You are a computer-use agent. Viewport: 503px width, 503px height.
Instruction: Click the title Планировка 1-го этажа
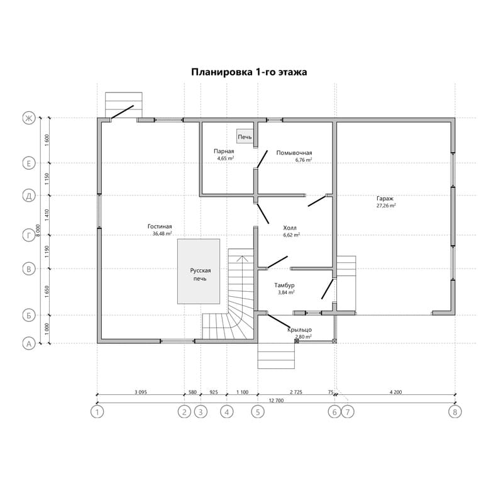click(x=249, y=72)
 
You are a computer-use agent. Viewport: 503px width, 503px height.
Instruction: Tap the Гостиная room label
click(x=160, y=226)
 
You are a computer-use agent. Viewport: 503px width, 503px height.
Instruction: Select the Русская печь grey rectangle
click(x=199, y=272)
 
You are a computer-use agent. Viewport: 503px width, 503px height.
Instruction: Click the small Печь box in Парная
click(x=245, y=136)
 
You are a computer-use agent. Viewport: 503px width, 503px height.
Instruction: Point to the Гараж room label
click(x=385, y=199)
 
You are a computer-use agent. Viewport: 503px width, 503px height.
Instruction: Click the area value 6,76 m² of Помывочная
click(x=304, y=160)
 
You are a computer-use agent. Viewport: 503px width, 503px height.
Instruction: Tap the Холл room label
click(x=290, y=228)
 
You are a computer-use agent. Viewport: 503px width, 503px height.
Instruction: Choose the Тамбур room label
click(x=284, y=285)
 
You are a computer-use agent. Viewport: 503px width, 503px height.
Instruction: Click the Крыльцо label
click(x=300, y=329)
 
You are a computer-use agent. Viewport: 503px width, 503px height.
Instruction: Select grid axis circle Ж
click(x=29, y=118)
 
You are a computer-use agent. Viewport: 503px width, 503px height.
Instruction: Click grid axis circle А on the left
click(x=29, y=344)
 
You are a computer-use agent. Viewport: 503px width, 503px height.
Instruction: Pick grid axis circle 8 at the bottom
click(x=455, y=412)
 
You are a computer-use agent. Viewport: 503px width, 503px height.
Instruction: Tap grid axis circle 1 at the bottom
click(x=97, y=412)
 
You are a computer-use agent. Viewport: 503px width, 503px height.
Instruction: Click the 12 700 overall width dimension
click(x=276, y=401)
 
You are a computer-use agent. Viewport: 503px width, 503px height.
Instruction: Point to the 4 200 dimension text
click(x=395, y=392)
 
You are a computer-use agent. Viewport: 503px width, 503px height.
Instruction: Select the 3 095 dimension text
click(x=140, y=392)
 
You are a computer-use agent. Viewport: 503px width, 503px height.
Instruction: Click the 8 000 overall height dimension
click(x=38, y=231)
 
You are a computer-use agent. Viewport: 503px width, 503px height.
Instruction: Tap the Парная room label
click(x=224, y=151)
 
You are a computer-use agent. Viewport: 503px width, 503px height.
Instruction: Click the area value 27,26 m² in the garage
click(x=386, y=206)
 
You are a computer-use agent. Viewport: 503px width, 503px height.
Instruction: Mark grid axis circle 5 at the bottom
click(x=258, y=412)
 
